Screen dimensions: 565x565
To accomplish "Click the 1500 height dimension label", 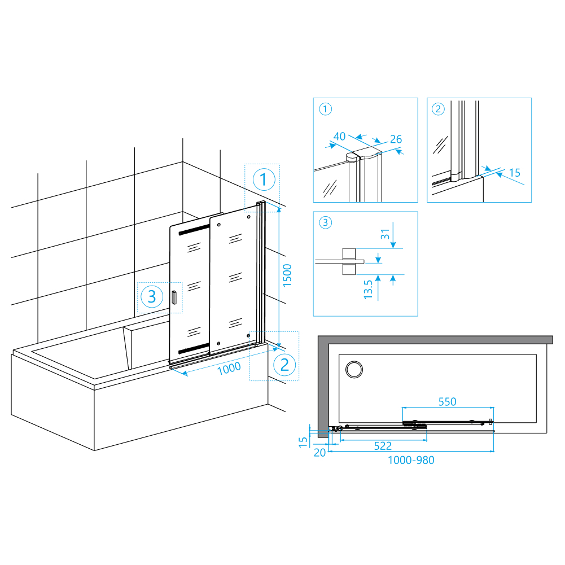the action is click(287, 275).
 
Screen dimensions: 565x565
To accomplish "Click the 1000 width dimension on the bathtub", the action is click(229, 368).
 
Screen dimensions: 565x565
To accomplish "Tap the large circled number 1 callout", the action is click(264, 179).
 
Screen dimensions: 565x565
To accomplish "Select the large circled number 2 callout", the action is click(284, 365).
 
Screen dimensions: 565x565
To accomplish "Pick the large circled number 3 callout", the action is click(152, 296).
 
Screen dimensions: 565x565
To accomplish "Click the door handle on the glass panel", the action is click(174, 297).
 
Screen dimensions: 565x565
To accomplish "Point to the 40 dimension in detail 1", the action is click(339, 137).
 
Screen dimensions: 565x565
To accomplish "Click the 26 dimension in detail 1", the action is click(396, 139).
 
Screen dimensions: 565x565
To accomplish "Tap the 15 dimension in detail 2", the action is click(515, 173).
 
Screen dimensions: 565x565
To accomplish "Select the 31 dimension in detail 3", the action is click(385, 234).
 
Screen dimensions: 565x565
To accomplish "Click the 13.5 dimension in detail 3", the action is click(368, 290).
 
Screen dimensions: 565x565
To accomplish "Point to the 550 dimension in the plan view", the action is click(447, 402).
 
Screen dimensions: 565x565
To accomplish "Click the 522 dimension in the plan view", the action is click(383, 446).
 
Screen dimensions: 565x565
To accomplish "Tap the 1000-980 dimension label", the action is click(411, 460).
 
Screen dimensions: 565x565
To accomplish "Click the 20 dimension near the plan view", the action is click(319, 453).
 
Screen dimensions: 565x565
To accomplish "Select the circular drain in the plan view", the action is click(354, 369).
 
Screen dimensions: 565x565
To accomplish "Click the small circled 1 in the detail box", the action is click(325, 109).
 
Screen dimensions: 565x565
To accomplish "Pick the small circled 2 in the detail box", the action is click(438, 109).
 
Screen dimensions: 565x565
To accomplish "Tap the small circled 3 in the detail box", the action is click(325, 222).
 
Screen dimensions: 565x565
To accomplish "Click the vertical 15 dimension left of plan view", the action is click(303, 442).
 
